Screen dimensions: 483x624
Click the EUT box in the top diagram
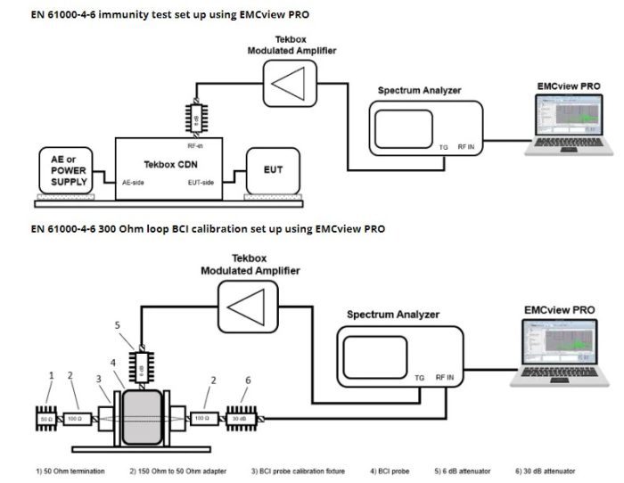click(x=273, y=168)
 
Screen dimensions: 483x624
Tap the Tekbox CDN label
click(x=170, y=164)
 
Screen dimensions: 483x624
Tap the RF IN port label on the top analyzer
click(x=466, y=147)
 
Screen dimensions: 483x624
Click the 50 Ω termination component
click(x=45, y=417)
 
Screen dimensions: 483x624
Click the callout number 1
click(x=52, y=375)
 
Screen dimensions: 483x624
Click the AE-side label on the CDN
click(x=133, y=182)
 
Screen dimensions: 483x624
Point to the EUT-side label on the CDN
click(x=203, y=182)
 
